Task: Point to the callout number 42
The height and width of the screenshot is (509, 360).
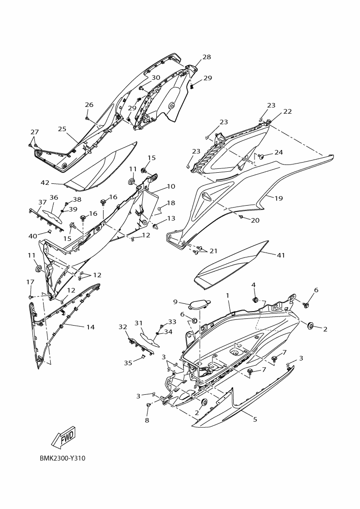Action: click(45, 183)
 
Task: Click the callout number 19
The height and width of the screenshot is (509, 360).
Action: click(292, 198)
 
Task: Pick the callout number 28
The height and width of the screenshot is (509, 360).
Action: click(207, 57)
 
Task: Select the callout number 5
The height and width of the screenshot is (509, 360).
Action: click(255, 419)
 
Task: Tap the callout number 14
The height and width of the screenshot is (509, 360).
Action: click(90, 327)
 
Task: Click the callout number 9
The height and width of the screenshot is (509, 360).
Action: click(176, 302)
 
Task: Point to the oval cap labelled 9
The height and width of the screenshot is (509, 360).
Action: click(200, 305)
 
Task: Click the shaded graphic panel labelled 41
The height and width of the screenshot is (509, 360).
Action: click(232, 264)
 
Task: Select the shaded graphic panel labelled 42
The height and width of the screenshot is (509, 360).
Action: click(102, 167)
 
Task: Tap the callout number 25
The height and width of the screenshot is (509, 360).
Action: click(62, 129)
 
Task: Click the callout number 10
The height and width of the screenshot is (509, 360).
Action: click(171, 186)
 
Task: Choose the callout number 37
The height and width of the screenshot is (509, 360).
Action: click(42, 202)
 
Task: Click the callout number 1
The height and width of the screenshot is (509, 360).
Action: click(227, 295)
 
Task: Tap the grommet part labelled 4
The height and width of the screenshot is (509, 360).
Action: click(254, 300)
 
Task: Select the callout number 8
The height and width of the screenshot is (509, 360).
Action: click(147, 420)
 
